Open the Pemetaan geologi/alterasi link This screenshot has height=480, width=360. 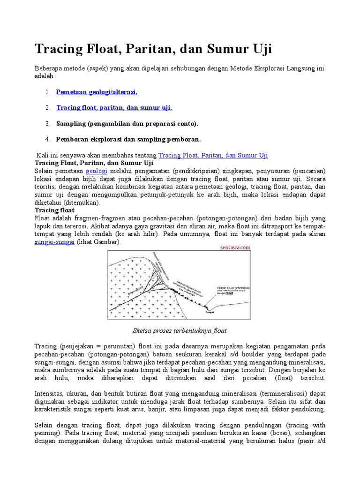click(x=97, y=92)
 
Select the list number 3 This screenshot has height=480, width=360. click(x=48, y=123)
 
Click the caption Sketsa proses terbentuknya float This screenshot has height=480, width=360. click(x=180, y=330)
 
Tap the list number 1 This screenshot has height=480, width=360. click(x=48, y=92)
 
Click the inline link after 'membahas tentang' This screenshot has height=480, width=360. click(x=213, y=155)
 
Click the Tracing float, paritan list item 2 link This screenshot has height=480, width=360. click(x=114, y=108)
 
